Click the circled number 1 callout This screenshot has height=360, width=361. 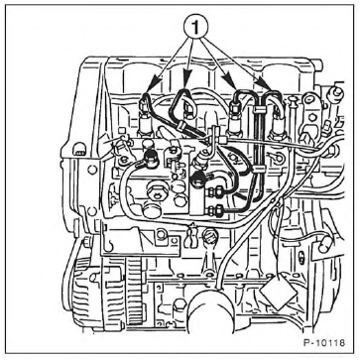tap(196, 28)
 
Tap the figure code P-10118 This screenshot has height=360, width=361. tap(324, 342)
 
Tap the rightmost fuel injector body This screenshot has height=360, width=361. tap(277, 127)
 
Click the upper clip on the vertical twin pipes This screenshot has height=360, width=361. tap(259, 109)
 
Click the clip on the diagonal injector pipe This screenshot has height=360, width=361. tap(181, 125)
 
